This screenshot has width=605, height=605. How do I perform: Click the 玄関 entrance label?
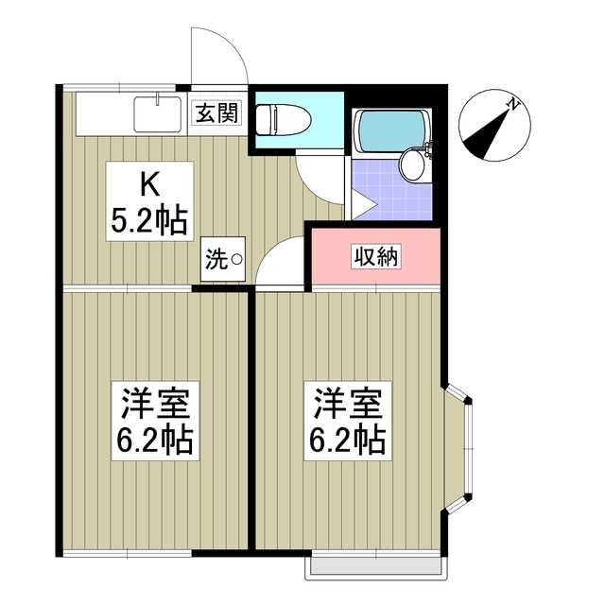coord(218,114)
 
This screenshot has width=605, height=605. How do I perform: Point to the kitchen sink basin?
coord(157,114)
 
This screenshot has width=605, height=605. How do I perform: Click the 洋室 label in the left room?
coord(155,404)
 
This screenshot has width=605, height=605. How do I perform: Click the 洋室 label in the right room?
coord(347,404)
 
